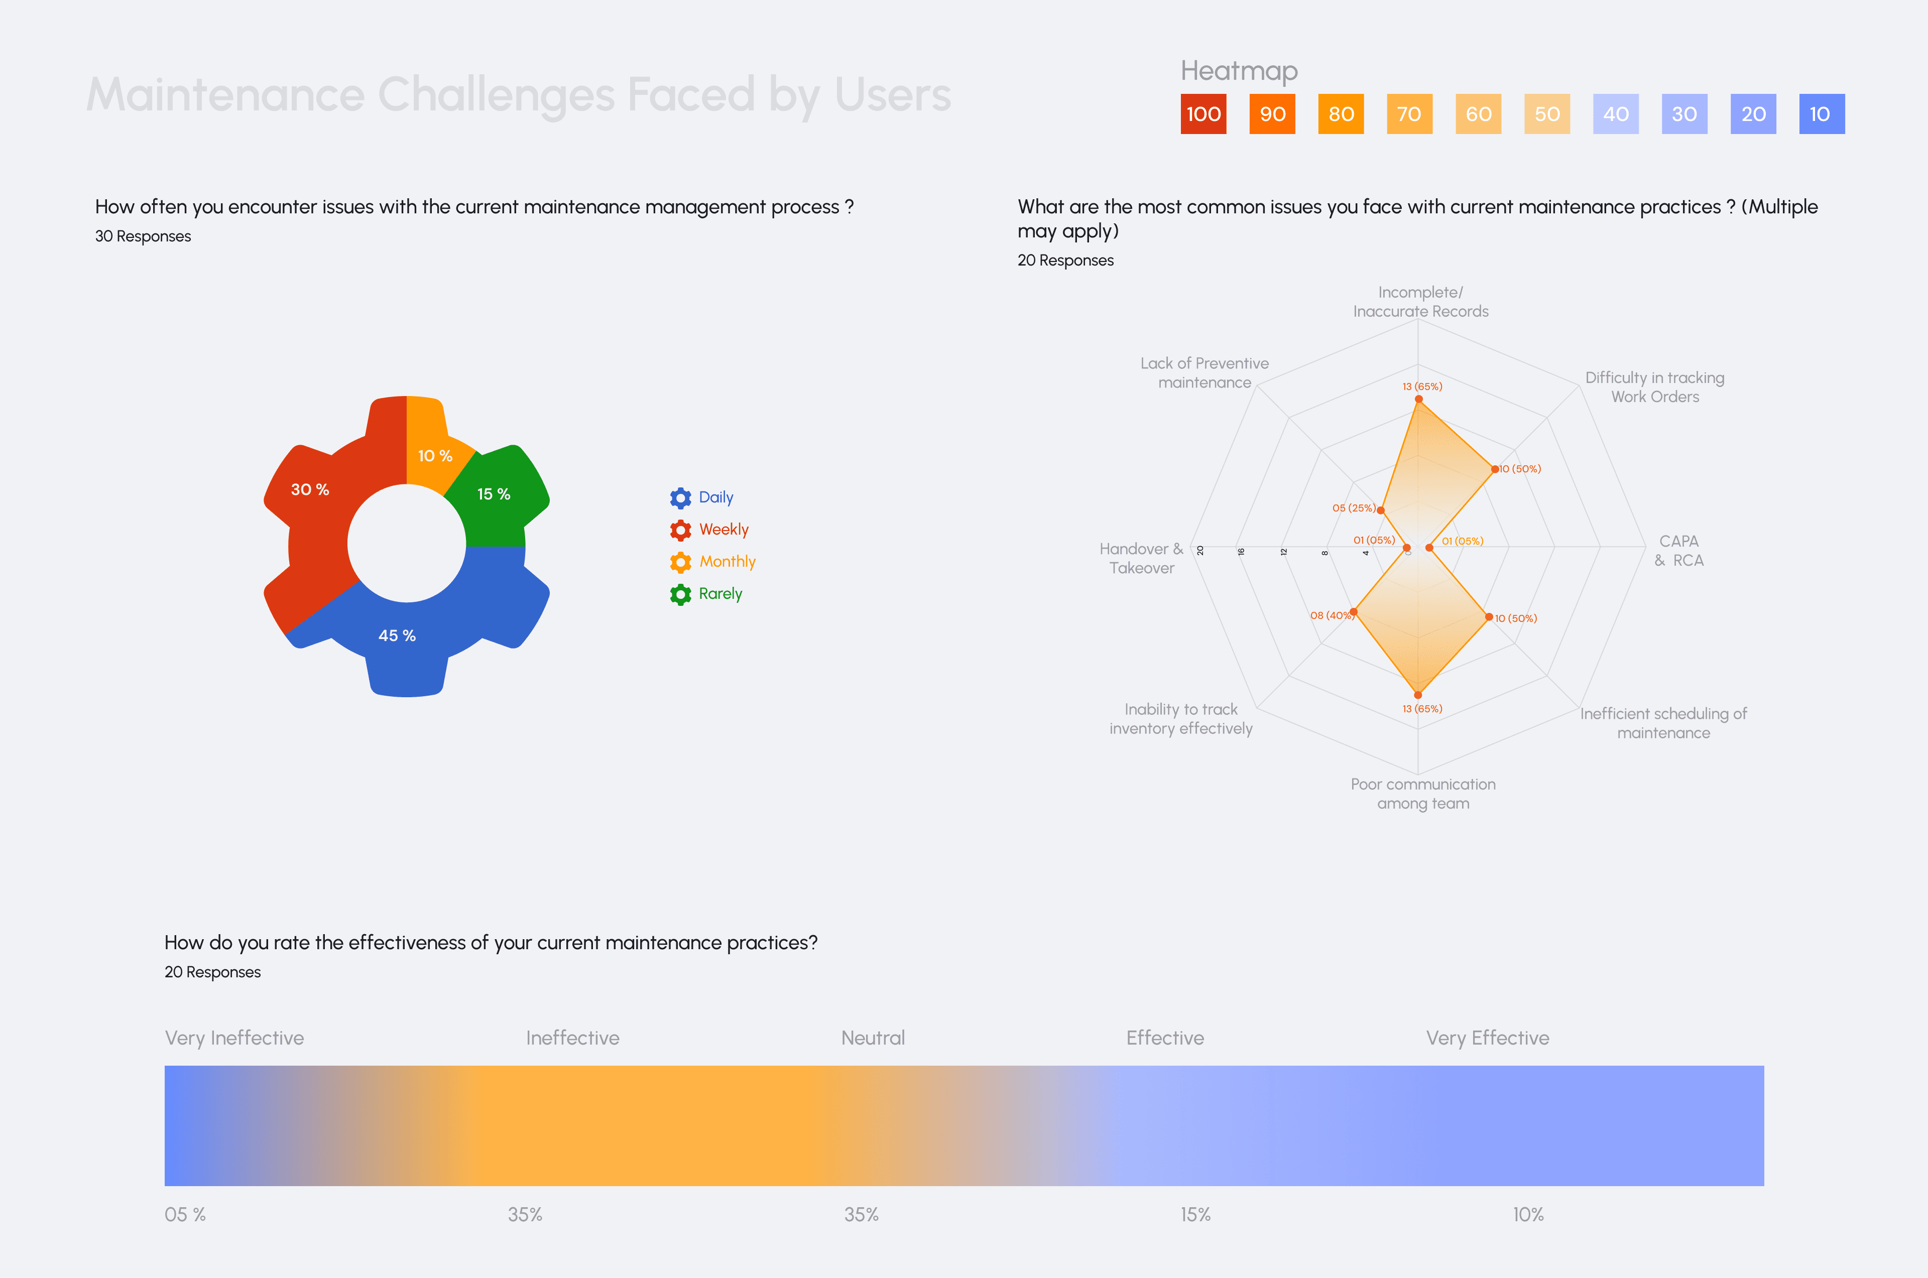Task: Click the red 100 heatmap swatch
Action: (1203, 114)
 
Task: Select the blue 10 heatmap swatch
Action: (1821, 114)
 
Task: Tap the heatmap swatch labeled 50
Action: (1546, 114)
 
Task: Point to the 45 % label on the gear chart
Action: (397, 636)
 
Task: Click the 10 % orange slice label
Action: (434, 456)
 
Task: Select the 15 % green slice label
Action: (493, 494)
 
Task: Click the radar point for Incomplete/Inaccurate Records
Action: (1418, 400)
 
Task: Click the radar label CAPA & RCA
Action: (1678, 551)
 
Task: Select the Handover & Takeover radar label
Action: (1141, 558)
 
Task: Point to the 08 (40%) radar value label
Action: (1331, 615)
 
